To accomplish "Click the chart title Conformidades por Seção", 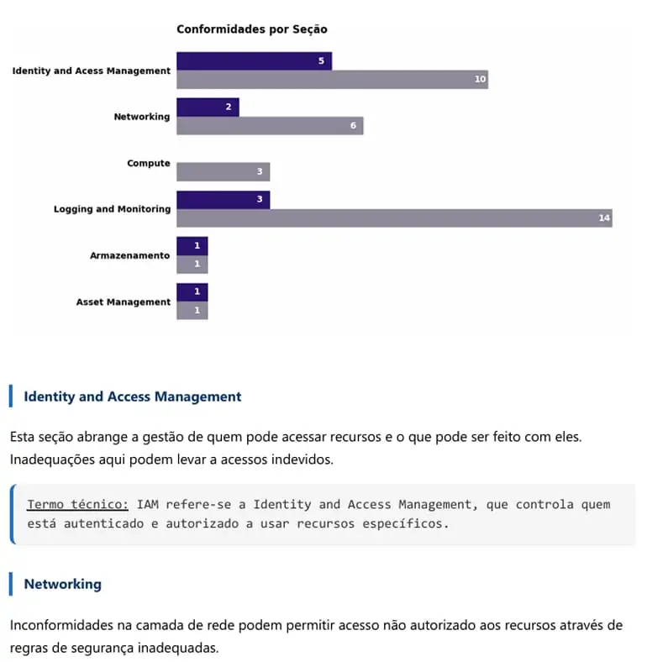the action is pyautogui.click(x=252, y=29).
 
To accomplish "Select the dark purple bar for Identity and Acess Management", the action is pyautogui.click(x=255, y=60).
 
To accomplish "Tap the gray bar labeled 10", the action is pyautogui.click(x=333, y=79).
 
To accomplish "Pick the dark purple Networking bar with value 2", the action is pyautogui.click(x=208, y=108).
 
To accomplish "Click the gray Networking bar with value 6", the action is pyautogui.click(x=270, y=126).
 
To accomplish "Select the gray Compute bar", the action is pyautogui.click(x=223, y=172).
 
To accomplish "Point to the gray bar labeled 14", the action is pyautogui.click(x=394, y=218).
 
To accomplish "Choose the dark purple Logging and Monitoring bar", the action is pyautogui.click(x=223, y=200).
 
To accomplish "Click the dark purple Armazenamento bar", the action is pyautogui.click(x=192, y=245).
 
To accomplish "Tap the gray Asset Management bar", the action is pyautogui.click(x=192, y=310).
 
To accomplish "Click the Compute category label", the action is pyautogui.click(x=149, y=163).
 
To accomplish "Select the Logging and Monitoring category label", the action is pyautogui.click(x=112, y=209).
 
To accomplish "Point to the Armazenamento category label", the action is pyautogui.click(x=130, y=255).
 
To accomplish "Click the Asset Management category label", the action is pyautogui.click(x=124, y=302).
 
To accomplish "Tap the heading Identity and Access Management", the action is pyautogui.click(x=133, y=397).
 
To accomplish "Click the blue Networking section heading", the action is pyautogui.click(x=62, y=584).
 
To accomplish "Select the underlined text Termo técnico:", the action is pyautogui.click(x=77, y=504).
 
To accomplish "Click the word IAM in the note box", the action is pyautogui.click(x=147, y=504).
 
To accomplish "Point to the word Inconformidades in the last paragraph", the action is pyautogui.click(x=61, y=625).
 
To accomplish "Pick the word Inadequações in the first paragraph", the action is pyautogui.click(x=52, y=460).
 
